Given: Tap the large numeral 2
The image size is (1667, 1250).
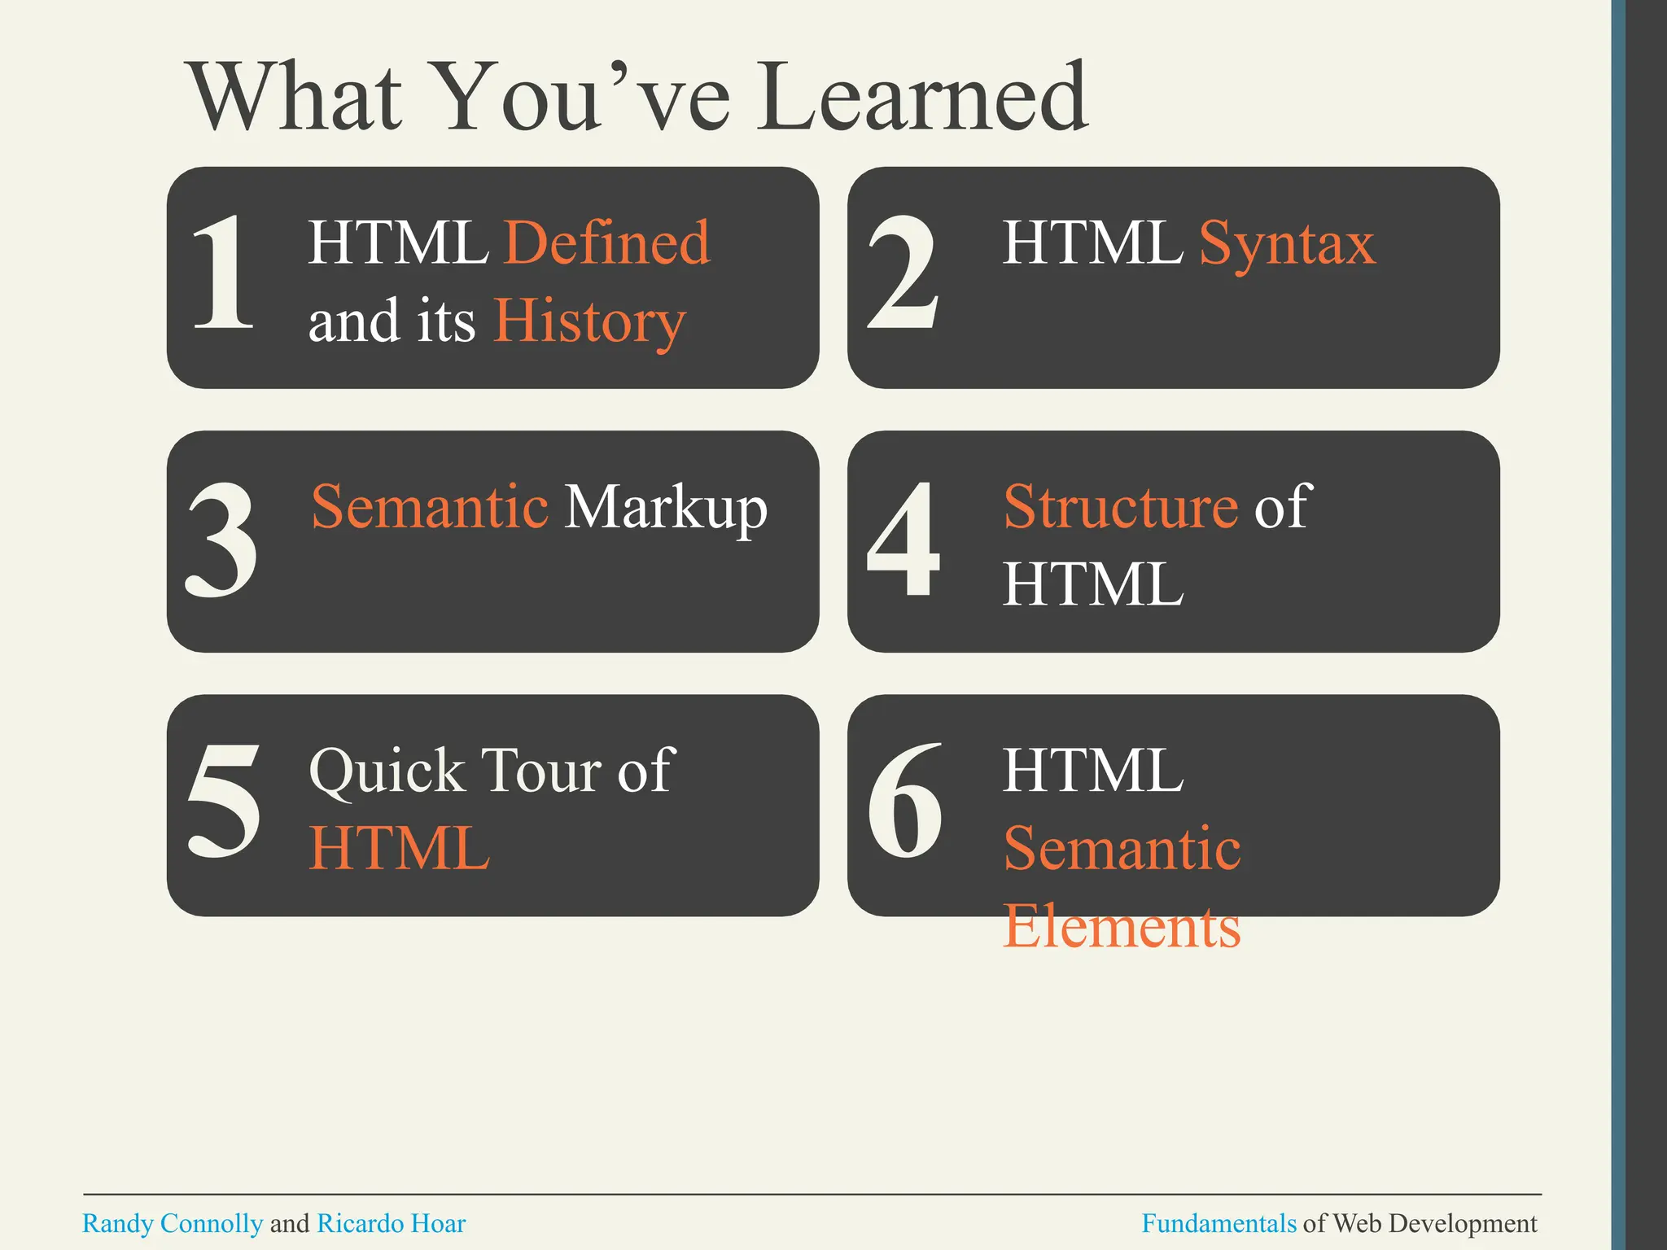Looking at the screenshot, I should tap(904, 273).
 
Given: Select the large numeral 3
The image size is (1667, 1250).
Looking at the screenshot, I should tap(222, 539).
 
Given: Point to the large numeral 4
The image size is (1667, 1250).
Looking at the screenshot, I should tap(904, 539).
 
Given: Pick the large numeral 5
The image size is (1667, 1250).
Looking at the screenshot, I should tap(224, 802).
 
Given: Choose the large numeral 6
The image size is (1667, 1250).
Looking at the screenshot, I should tap(905, 802).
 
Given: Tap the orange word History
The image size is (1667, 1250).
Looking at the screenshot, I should tap(590, 321).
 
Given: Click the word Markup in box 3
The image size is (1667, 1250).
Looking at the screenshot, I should tap(666, 508).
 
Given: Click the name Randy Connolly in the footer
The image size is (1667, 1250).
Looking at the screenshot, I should tap(173, 1223).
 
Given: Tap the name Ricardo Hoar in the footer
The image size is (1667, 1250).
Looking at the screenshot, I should tap(391, 1223).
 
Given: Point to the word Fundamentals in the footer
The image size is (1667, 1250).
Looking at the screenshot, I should tap(1219, 1223).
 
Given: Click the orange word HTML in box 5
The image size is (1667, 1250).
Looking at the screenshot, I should tap(400, 848).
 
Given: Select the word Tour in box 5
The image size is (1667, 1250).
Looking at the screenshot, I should tap(541, 770).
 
